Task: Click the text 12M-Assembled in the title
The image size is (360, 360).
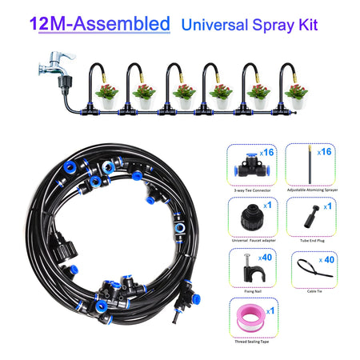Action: click(x=100, y=23)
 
